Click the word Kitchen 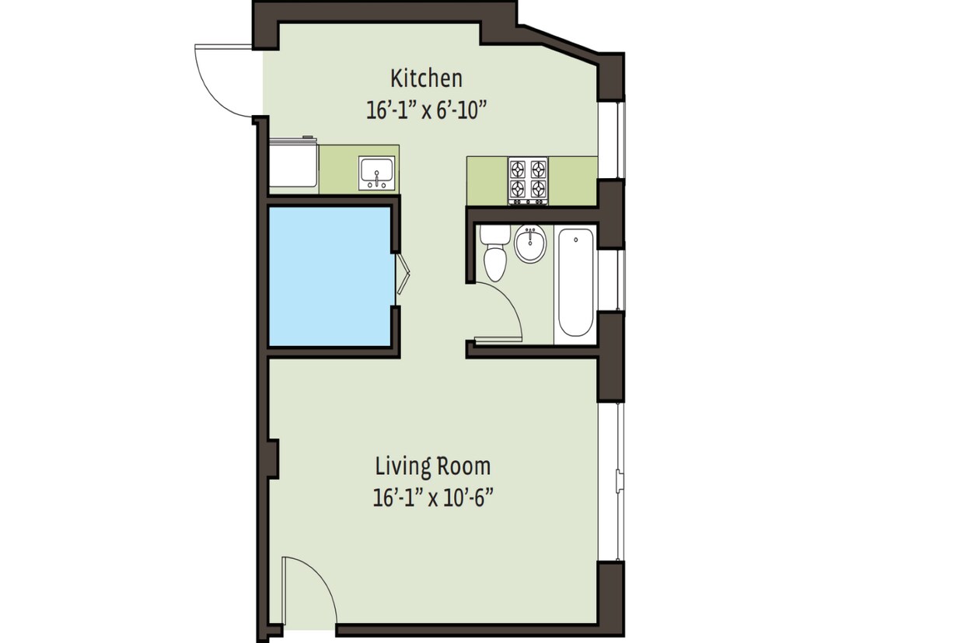point(426,79)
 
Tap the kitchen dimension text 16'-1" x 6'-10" point(426,110)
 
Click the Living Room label point(433,467)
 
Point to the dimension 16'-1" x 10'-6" point(433,497)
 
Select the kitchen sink point(377,173)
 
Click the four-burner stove point(528,180)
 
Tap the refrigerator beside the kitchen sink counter point(293,163)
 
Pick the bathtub point(575,281)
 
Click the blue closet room point(329,275)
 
